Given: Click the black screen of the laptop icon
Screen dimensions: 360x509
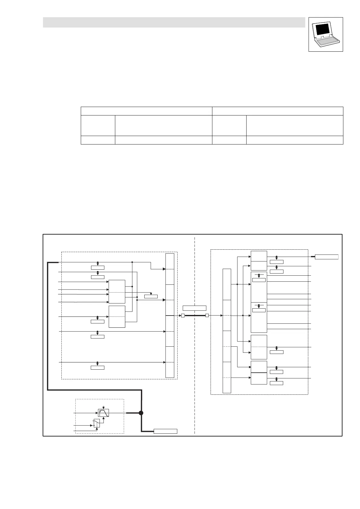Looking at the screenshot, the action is [323, 30].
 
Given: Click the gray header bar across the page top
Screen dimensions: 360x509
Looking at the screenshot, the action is [174, 22].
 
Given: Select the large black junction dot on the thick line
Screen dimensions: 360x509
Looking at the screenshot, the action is [141, 413].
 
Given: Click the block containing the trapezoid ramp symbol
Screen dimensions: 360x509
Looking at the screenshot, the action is [103, 413].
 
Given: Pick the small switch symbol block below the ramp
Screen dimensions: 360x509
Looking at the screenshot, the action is [97, 423].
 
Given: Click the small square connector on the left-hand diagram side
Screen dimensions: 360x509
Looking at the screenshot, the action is [183, 316].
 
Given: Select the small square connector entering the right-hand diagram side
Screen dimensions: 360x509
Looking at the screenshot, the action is [207, 316].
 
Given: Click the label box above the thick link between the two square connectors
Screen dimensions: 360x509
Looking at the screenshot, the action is [195, 308].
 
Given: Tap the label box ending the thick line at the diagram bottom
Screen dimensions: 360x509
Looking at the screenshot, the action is [165, 431].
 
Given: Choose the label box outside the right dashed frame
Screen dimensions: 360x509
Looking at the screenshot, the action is [327, 257].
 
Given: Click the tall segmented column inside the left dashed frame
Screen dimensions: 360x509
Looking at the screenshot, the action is [170, 315].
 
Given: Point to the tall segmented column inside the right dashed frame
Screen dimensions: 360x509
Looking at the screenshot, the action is [227, 331].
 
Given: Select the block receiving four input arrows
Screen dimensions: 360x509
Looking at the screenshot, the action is [117, 292].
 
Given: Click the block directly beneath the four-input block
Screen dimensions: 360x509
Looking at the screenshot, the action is [117, 316].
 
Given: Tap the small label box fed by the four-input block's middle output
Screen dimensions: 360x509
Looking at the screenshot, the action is [151, 296].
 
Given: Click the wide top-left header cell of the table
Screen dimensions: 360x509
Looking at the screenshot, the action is [146, 111].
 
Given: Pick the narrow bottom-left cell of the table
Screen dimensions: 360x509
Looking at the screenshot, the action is [98, 140].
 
